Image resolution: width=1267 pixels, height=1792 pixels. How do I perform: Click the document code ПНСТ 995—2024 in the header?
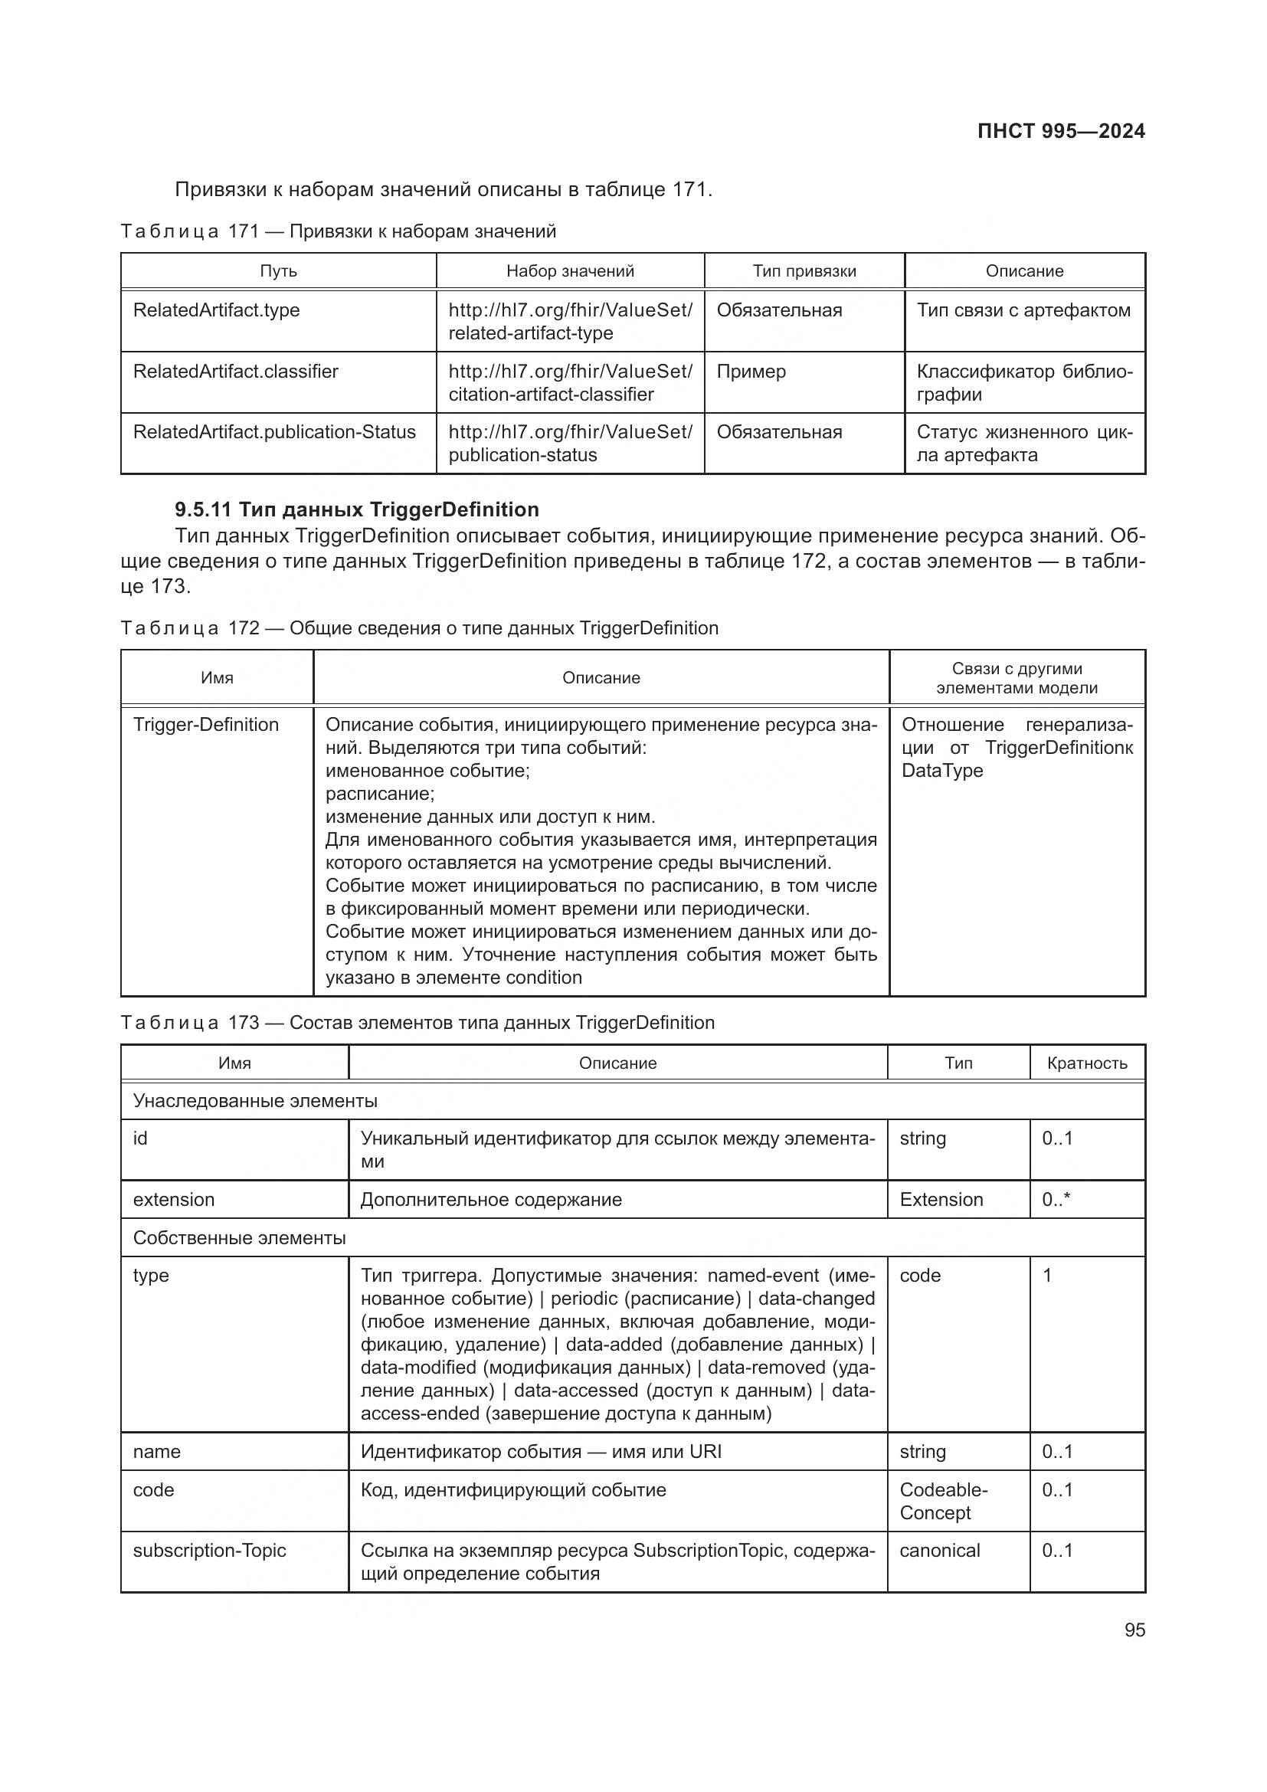point(1060,131)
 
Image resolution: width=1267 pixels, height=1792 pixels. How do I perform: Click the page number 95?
point(1134,1630)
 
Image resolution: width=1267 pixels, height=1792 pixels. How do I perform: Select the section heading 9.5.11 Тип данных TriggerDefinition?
point(356,509)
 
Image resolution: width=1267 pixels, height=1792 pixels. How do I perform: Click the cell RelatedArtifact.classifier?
point(236,372)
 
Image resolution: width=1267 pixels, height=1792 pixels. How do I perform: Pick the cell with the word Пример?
point(751,372)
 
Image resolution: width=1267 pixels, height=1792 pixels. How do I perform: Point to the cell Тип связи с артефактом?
point(1023,310)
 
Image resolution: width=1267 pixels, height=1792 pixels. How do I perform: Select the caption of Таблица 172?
point(419,628)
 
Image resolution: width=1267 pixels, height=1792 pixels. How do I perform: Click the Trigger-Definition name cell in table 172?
point(206,724)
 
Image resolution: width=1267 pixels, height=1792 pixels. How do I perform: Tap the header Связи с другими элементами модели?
point(1017,677)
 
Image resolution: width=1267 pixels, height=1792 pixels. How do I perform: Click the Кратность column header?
point(1087,1063)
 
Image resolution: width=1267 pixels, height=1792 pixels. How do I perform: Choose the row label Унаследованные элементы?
point(255,1100)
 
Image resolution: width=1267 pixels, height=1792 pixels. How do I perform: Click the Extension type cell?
point(941,1200)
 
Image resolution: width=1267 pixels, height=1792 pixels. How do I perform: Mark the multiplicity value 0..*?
point(1056,1200)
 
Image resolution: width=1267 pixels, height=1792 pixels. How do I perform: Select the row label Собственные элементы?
point(239,1238)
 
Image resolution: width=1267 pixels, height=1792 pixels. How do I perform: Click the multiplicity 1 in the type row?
point(1047,1276)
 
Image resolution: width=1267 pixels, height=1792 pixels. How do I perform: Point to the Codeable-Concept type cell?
point(942,1501)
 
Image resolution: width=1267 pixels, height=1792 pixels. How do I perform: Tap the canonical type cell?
point(939,1551)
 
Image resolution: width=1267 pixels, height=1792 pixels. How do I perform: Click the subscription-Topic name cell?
point(209,1551)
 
